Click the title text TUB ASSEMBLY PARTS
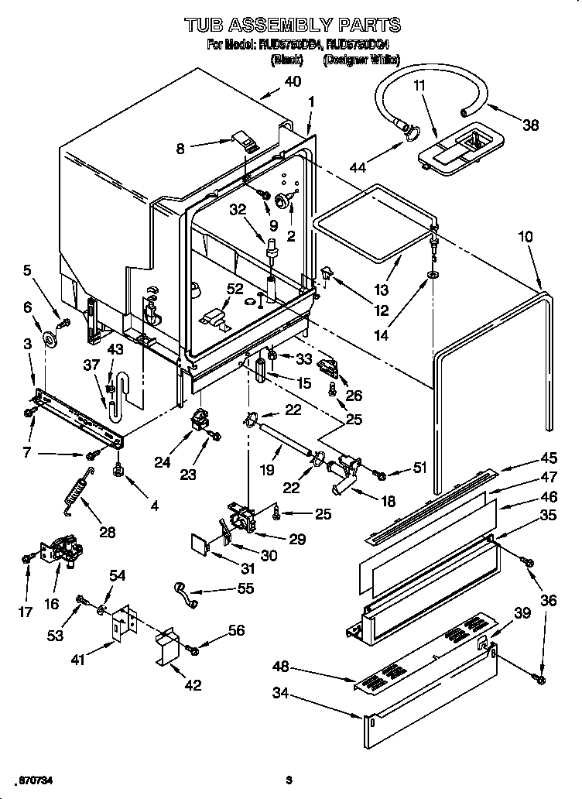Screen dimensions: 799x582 [x=292, y=26]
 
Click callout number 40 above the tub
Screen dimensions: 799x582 [x=293, y=81]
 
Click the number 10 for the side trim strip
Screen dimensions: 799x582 [x=526, y=237]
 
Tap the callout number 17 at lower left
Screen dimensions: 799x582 [x=26, y=612]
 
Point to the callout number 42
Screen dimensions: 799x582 [x=193, y=684]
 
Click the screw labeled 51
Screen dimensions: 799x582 [x=379, y=473]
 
